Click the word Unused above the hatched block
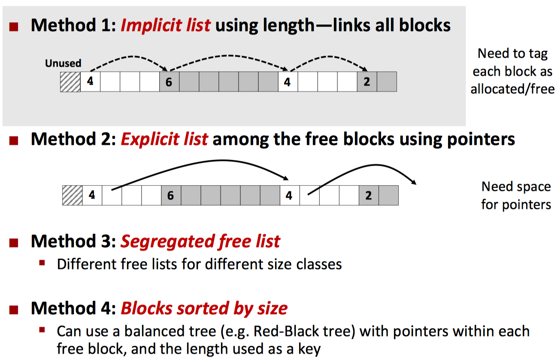pyautogui.click(x=63, y=64)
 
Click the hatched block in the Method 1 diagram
pyautogui.click(x=70, y=82)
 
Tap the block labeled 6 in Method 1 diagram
pyautogui.click(x=169, y=82)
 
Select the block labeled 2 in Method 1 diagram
pyautogui.click(x=367, y=82)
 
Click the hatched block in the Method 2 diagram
pyautogui.click(x=72, y=195)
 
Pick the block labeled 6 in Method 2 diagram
pyautogui.click(x=171, y=195)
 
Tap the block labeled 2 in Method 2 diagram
pyautogui.click(x=369, y=195)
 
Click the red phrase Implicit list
pyautogui.click(x=165, y=25)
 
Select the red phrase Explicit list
pyautogui.click(x=164, y=139)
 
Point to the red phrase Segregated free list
pyautogui.click(x=200, y=241)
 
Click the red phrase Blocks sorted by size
pyautogui.click(x=204, y=308)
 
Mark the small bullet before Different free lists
pyautogui.click(x=42, y=262)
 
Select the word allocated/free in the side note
pyautogui.click(x=513, y=89)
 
